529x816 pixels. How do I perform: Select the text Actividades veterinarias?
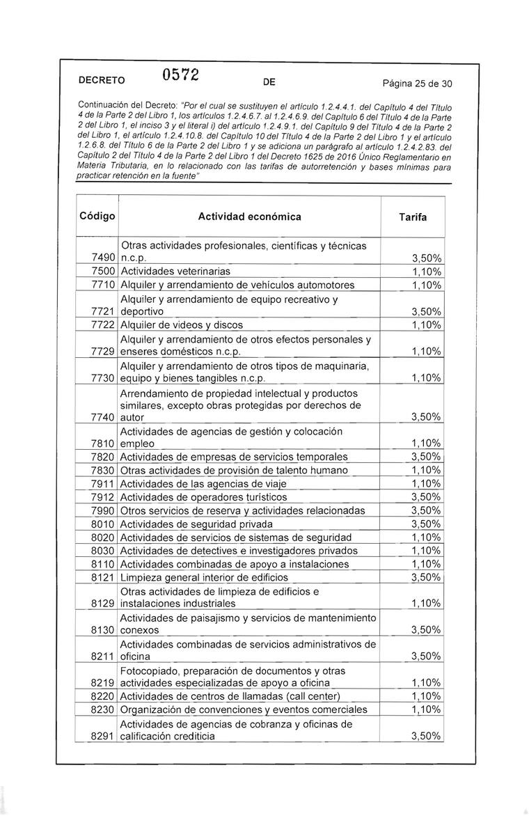point(175,272)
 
